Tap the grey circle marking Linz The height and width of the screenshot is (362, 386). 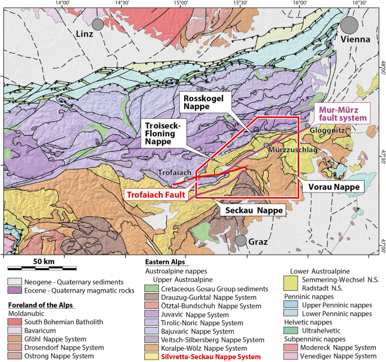pos(98,24)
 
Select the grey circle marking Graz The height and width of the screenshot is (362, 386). pos(241,241)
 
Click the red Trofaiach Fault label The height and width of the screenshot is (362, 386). pos(156,194)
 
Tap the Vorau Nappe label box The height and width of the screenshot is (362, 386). pos(331,185)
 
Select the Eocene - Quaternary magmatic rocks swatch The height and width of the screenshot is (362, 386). pos(14,290)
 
